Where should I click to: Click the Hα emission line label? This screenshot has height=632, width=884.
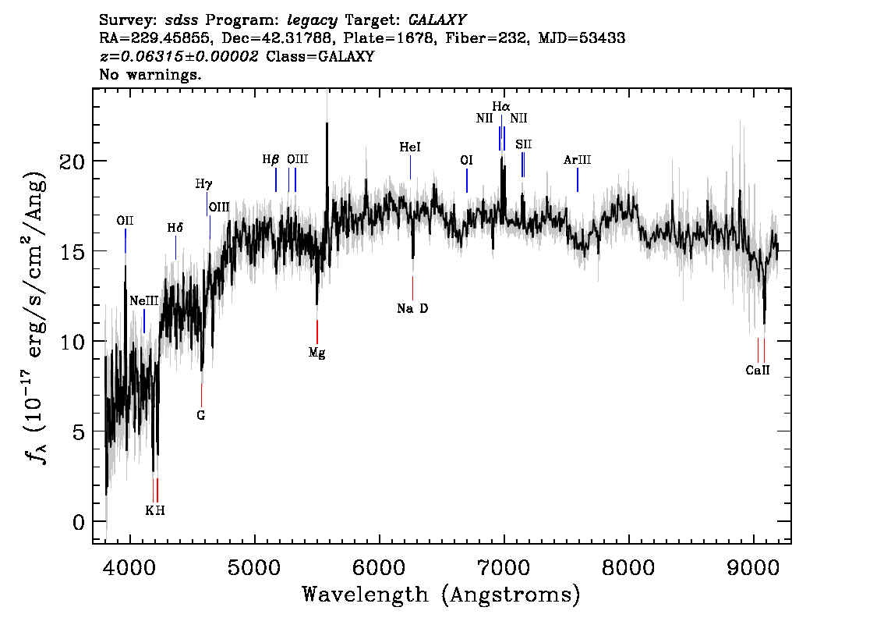500,106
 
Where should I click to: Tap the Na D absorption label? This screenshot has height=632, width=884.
412,308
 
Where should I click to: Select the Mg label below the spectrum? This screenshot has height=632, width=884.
316,353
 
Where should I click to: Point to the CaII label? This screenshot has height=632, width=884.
758,371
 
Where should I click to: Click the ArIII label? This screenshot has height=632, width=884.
578,160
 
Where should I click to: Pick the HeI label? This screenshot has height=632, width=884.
410,147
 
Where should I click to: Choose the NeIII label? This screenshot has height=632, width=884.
143,301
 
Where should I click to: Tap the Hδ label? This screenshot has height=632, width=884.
175,228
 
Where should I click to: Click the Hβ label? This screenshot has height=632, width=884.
271,159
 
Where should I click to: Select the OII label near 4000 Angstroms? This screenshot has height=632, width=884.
125,221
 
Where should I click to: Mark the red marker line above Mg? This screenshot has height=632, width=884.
317,332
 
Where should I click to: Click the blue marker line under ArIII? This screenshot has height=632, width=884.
578,180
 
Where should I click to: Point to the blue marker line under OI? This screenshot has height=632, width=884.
467,181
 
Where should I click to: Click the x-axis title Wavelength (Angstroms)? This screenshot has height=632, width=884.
441,595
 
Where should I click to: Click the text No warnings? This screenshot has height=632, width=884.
150,76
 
